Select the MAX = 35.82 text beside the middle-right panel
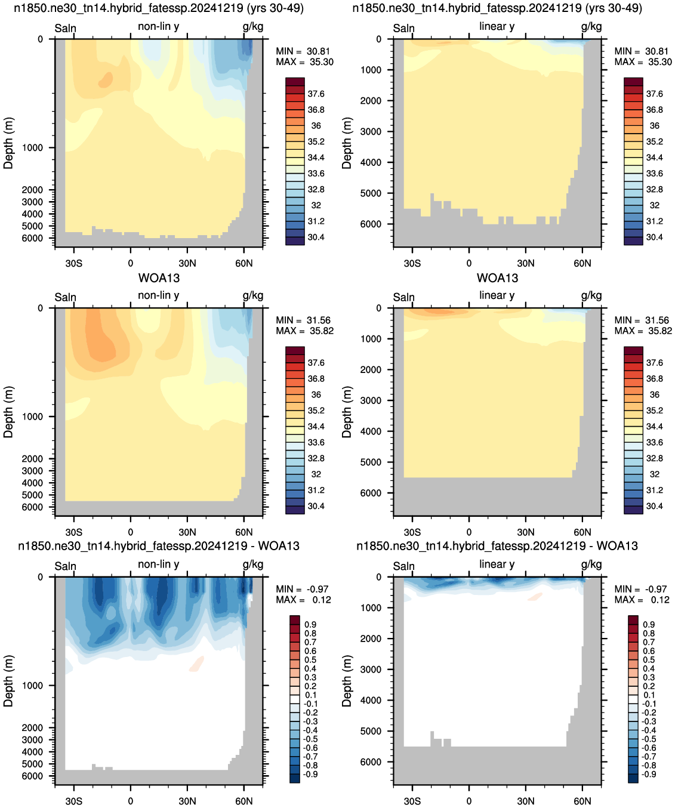(x=643, y=331)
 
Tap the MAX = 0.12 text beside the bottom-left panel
(x=303, y=600)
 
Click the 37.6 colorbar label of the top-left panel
(x=316, y=94)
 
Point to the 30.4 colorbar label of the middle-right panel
(x=654, y=506)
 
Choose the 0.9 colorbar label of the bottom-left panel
(x=310, y=624)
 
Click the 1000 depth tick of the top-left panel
(x=32, y=147)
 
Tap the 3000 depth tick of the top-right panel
(x=371, y=131)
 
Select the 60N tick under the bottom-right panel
(x=582, y=801)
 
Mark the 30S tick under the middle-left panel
(x=73, y=532)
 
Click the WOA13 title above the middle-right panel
(x=497, y=278)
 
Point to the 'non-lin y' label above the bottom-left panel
(x=158, y=564)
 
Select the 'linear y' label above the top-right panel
(x=497, y=26)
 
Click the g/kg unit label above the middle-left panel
(x=252, y=296)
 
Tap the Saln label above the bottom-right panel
(x=403, y=566)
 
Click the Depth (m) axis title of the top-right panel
(x=346, y=143)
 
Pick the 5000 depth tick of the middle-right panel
(x=371, y=462)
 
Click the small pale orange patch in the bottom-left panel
(x=196, y=664)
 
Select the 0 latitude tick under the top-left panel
(x=131, y=263)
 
